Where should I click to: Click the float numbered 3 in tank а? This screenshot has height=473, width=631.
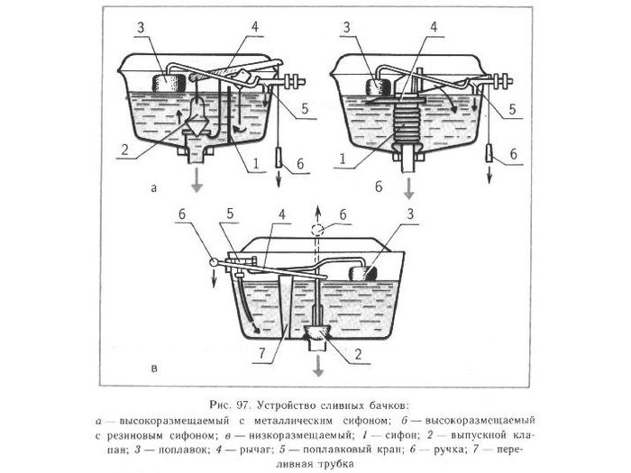pyautogui.click(x=168, y=82)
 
